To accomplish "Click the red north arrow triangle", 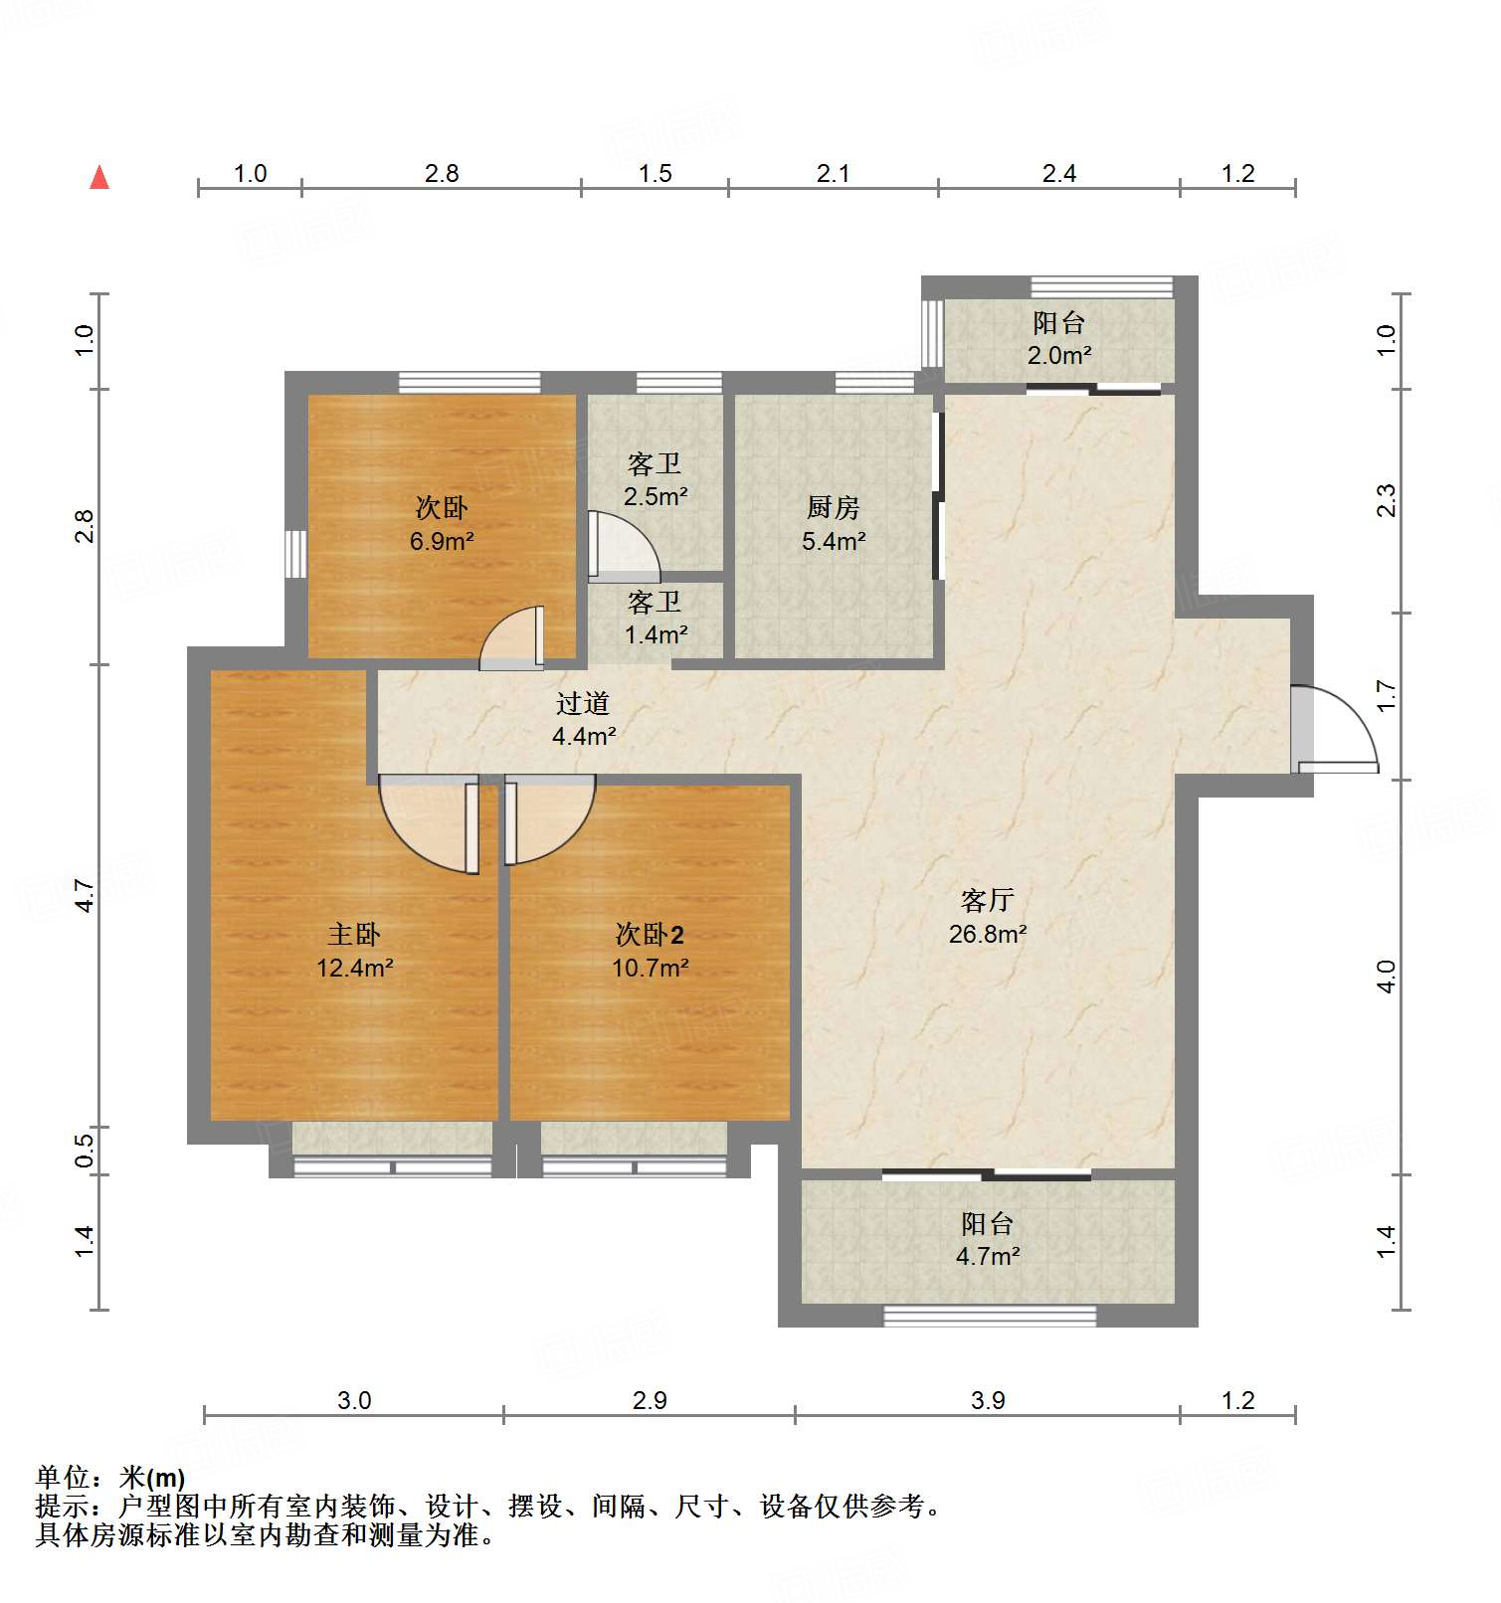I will (99, 177).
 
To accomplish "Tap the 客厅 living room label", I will (987, 900).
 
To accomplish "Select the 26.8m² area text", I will (987, 934).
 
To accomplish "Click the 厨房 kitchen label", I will (833, 507).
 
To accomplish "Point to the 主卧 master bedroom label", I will (354, 934).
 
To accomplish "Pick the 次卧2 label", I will (650, 934).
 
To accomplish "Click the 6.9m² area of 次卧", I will (442, 542).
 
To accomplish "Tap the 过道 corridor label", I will (583, 703).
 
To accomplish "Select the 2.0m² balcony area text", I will (1059, 355).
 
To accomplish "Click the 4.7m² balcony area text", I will (987, 1256).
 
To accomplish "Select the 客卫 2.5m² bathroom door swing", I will (625, 547).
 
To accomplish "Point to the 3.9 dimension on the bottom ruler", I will (988, 1400).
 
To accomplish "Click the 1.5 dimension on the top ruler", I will (655, 173).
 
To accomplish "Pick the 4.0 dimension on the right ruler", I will (1387, 977).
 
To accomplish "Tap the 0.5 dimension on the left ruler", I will (85, 1151).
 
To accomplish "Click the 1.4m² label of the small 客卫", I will (656, 634).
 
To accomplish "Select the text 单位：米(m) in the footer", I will (110, 1478).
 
